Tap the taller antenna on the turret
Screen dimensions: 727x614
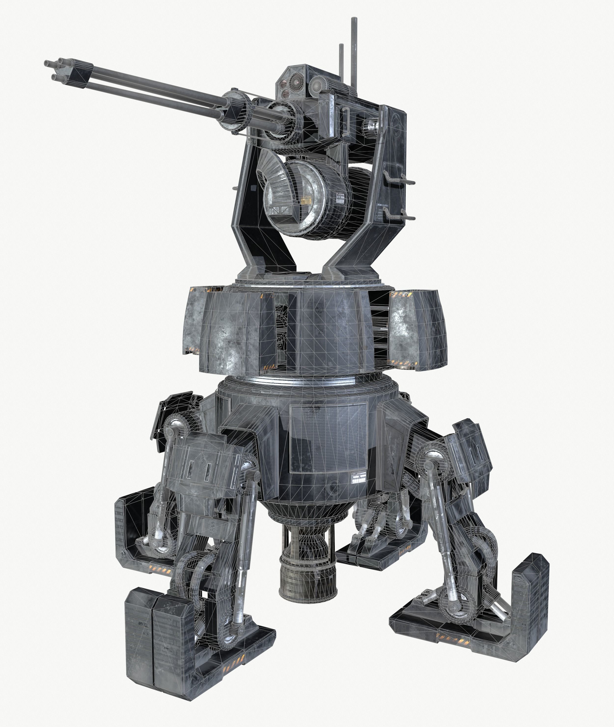[355, 52]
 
